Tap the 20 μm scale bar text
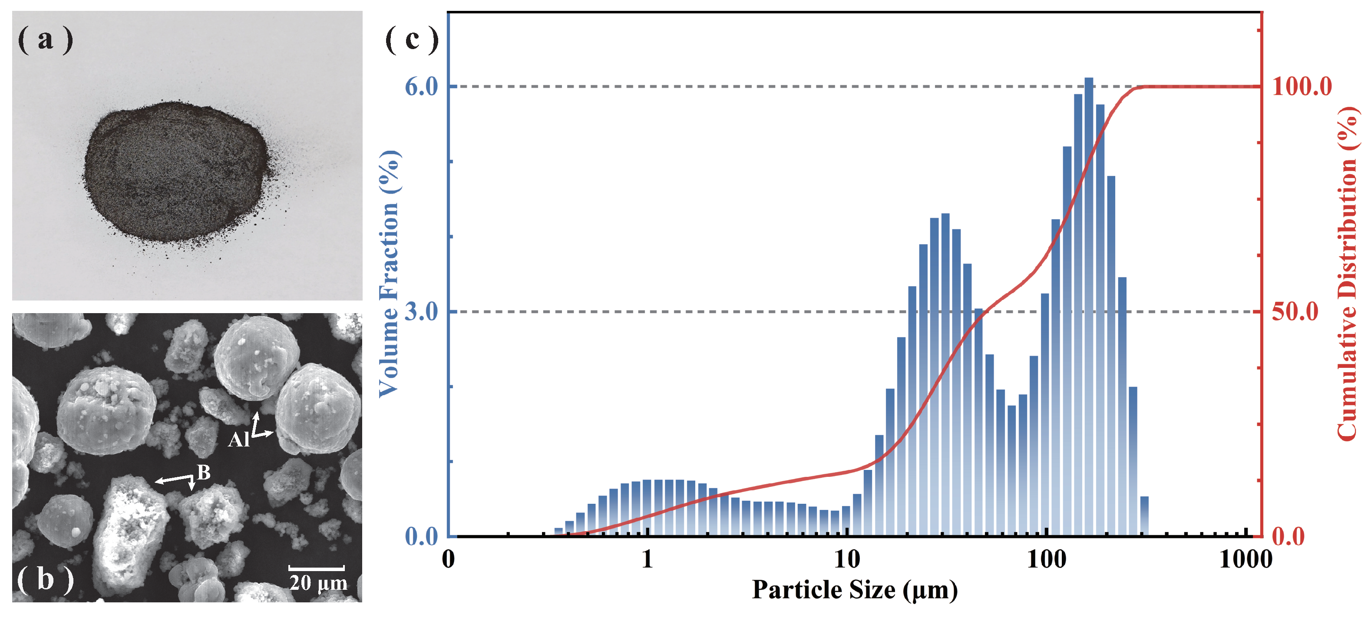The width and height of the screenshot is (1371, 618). [x=318, y=583]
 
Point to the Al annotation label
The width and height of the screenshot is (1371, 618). [x=238, y=440]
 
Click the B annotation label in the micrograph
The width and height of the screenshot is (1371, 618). [x=204, y=472]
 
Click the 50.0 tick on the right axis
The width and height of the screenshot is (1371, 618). [x=1295, y=312]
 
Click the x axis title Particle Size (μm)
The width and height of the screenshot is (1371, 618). [x=855, y=590]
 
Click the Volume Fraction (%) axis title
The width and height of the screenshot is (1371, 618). [x=389, y=274]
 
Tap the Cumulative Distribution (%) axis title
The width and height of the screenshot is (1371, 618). [x=1348, y=274]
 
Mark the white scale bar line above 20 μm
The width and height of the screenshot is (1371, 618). [x=317, y=568]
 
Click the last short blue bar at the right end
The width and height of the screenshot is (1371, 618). [x=1144, y=516]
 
